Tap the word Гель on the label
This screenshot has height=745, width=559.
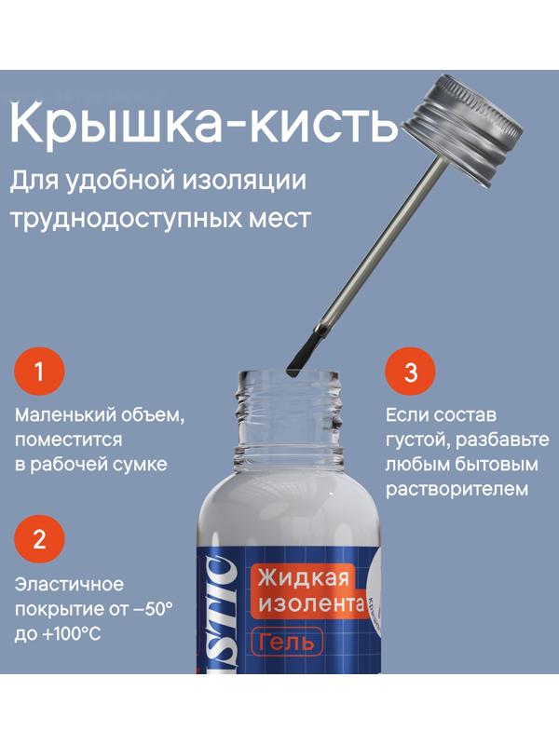click(x=286, y=641)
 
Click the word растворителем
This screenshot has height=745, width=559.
click(x=457, y=488)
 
